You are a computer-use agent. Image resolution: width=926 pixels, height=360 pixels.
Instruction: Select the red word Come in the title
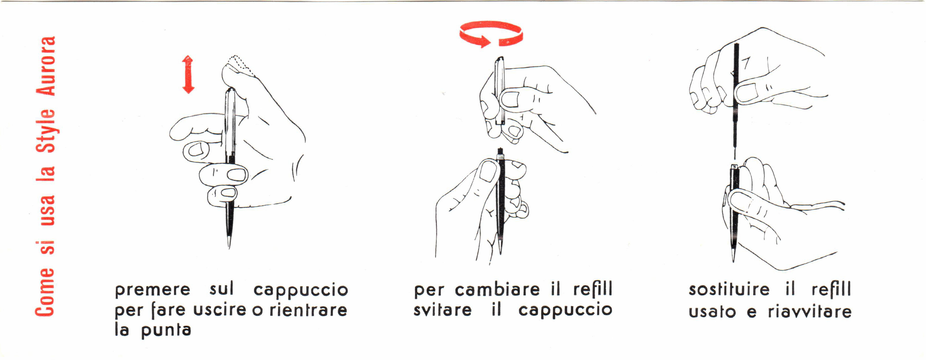click(45, 292)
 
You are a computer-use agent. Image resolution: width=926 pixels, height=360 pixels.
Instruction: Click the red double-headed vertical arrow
click(188, 74)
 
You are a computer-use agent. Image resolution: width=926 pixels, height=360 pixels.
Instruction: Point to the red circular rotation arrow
click(491, 33)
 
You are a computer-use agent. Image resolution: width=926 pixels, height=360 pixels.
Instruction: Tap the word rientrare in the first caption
click(308, 310)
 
